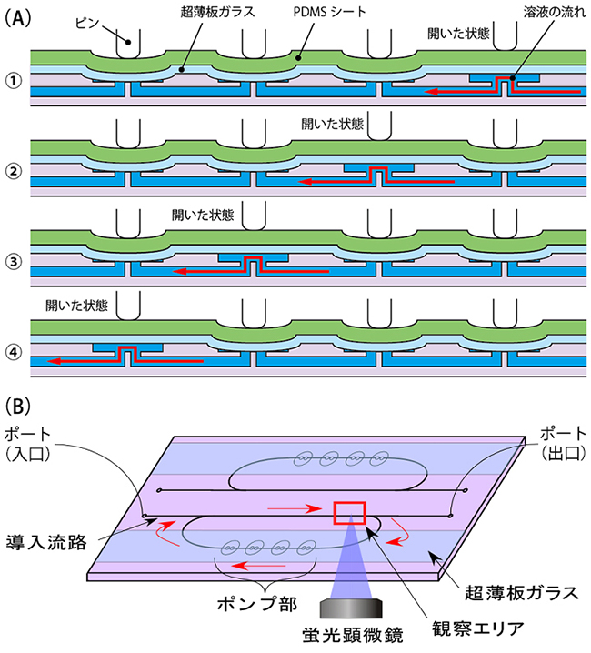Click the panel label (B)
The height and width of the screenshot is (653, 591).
[19, 401]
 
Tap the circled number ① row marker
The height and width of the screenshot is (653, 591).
[13, 80]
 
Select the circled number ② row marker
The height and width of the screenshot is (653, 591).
[13, 170]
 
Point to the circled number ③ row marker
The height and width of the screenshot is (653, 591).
[13, 260]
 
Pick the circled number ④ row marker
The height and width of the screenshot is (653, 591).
[13, 350]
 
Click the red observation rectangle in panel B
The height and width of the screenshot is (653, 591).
[350, 514]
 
